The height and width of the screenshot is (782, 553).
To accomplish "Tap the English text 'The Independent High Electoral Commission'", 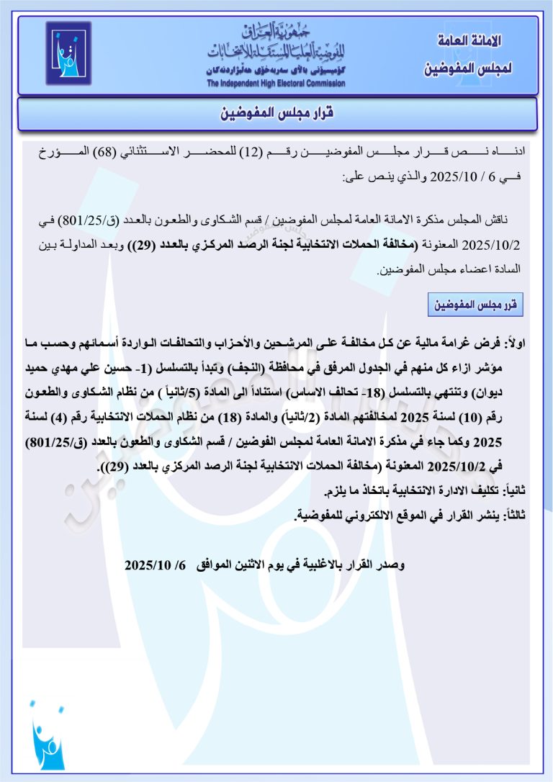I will point(276,84).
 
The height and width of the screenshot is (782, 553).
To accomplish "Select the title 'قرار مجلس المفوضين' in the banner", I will point(277,114).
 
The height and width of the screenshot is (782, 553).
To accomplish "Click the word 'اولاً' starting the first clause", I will point(516,346).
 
